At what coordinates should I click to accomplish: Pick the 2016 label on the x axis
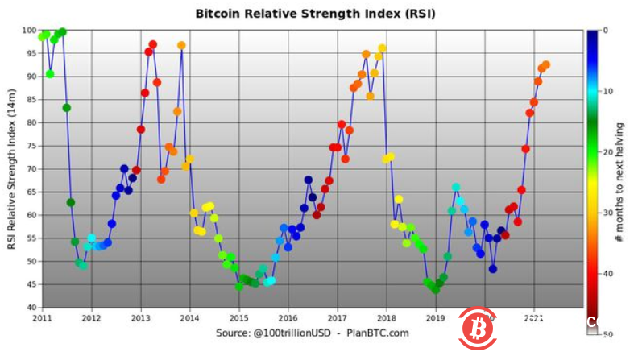point(288,317)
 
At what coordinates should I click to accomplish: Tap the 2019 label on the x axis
point(435,317)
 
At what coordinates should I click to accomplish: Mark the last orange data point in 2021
point(545,65)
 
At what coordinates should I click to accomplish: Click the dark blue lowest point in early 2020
point(492,269)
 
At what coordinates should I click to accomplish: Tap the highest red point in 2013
point(152,45)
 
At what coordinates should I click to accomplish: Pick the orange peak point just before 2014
point(181,46)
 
